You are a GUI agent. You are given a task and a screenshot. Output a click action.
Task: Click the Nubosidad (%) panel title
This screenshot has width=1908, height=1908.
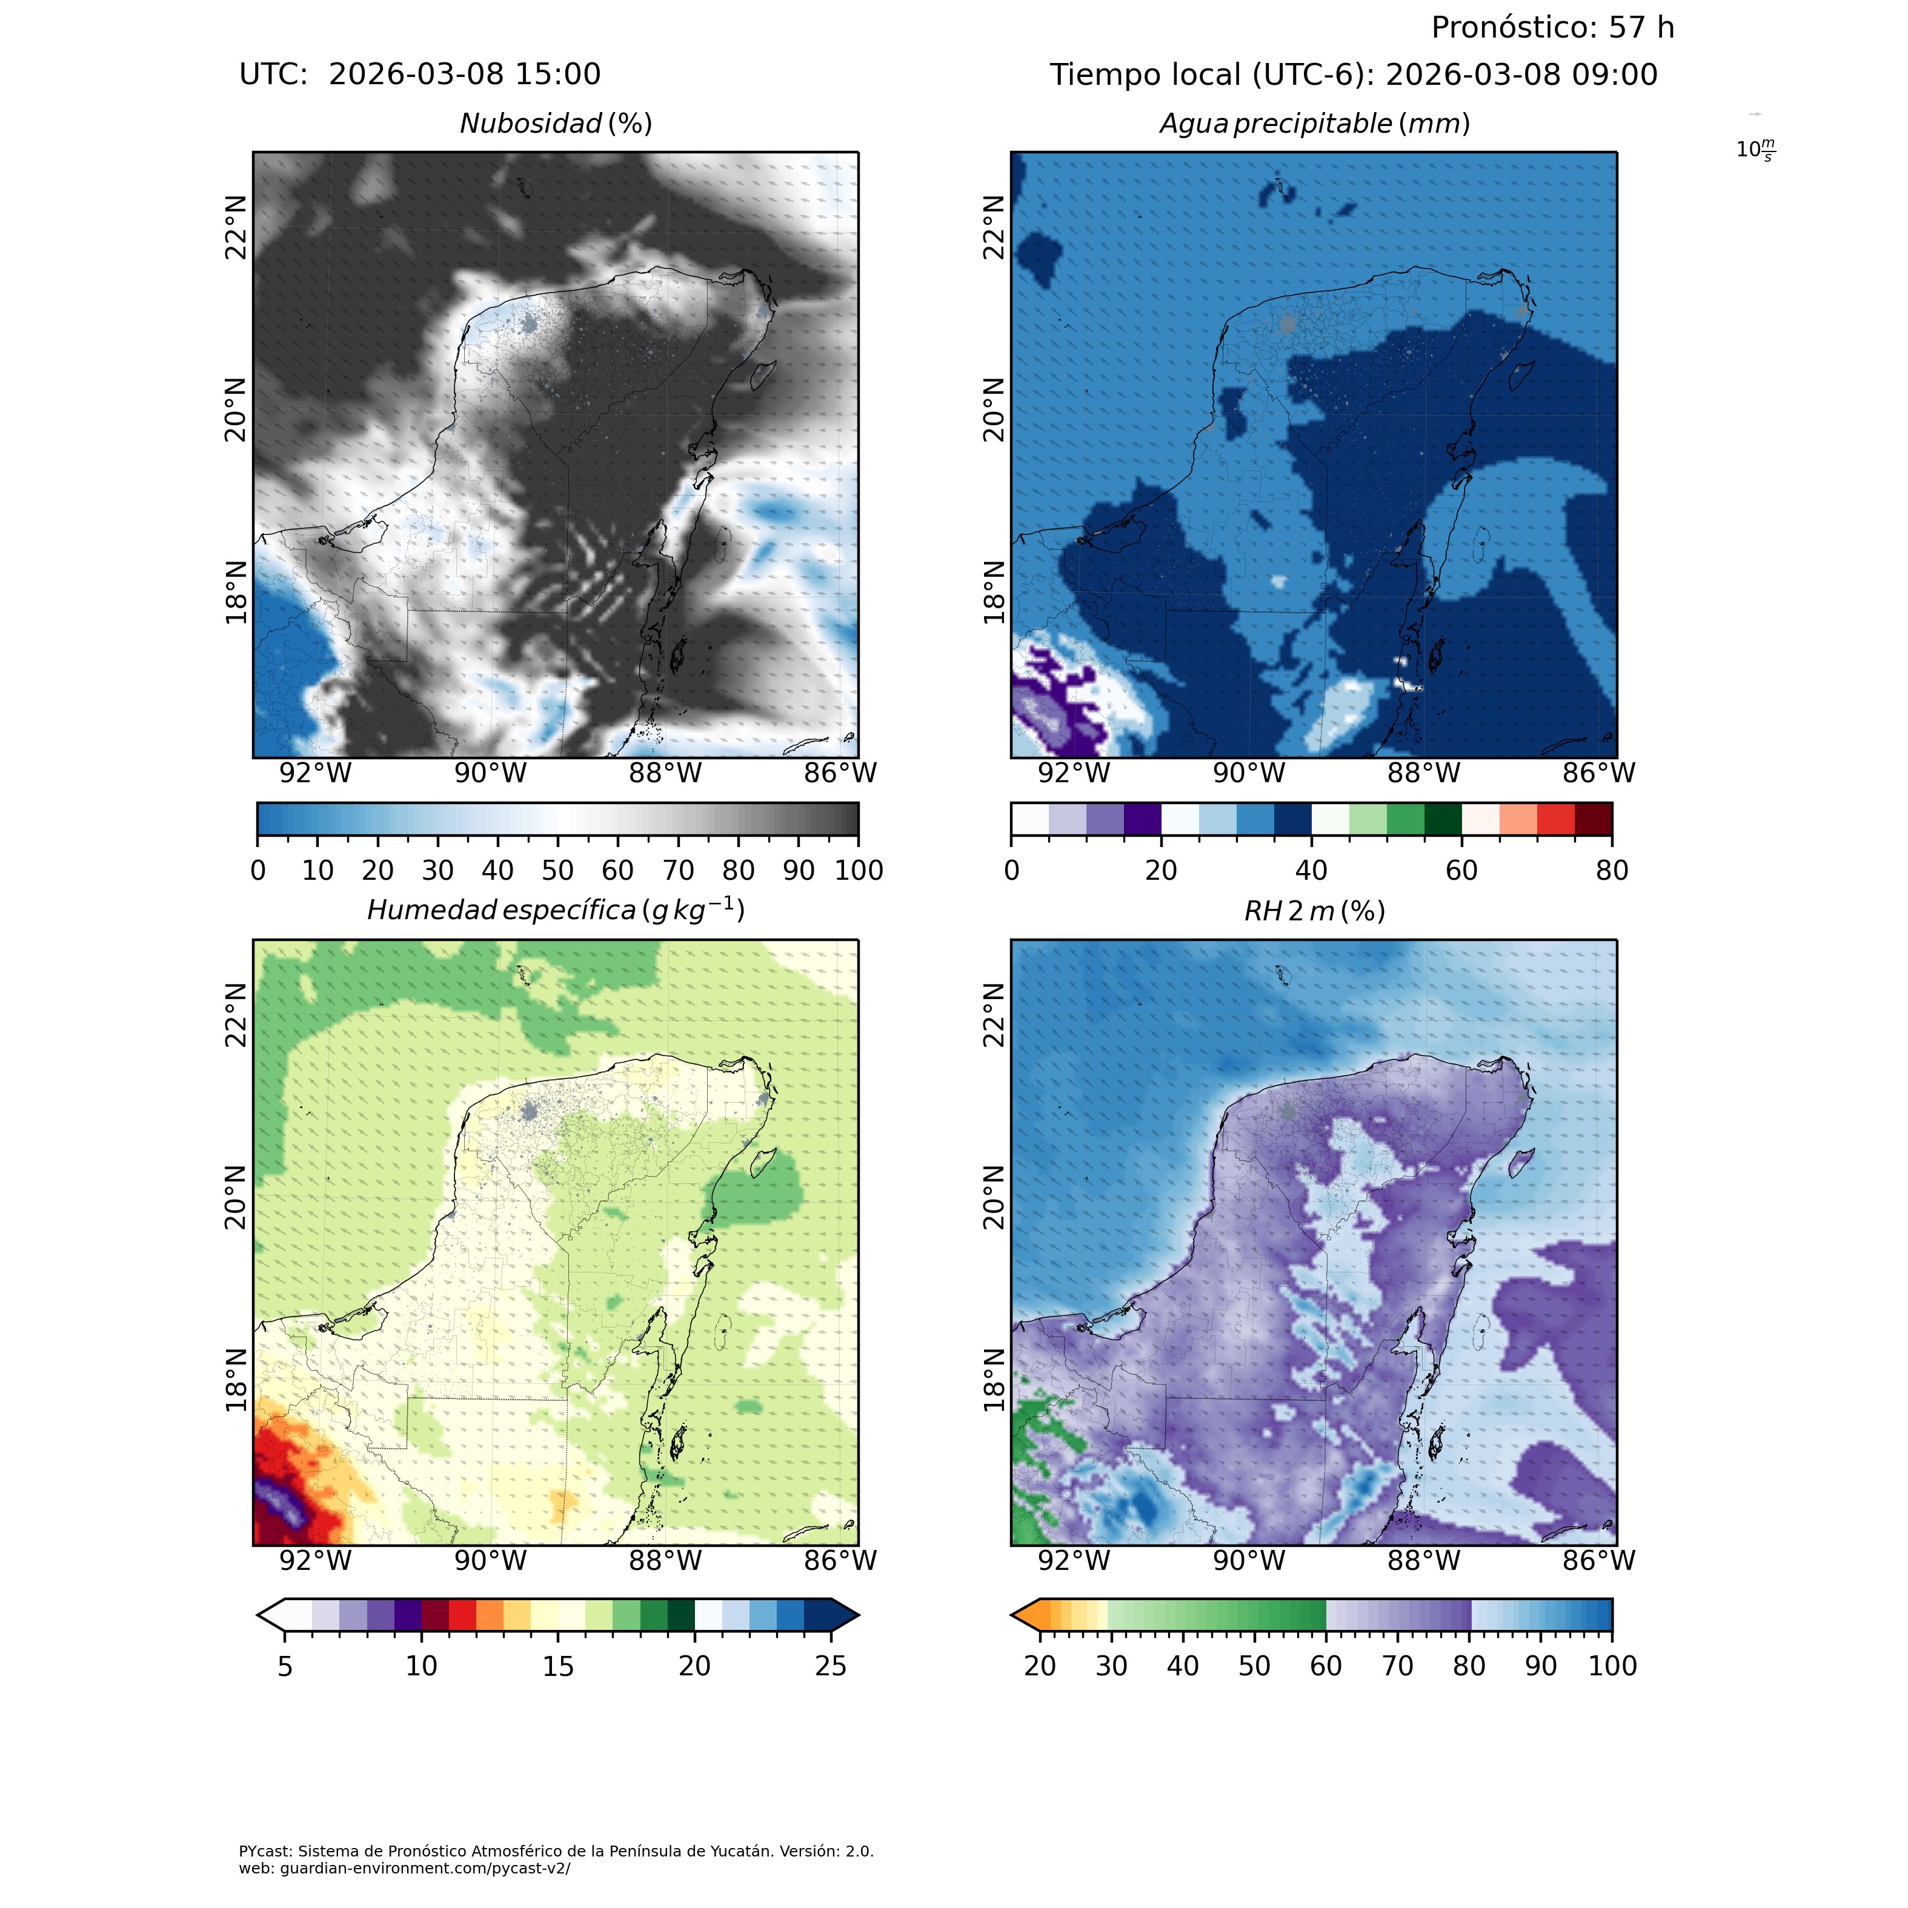(x=556, y=124)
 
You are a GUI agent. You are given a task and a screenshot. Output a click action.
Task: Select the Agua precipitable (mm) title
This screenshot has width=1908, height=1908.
(x=1314, y=124)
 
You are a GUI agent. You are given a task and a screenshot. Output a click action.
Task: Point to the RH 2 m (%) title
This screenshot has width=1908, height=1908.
(x=1314, y=911)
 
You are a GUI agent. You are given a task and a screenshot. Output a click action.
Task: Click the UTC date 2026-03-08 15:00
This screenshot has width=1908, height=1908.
(x=464, y=75)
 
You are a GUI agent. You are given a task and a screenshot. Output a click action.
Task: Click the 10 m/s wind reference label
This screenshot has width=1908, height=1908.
(x=1755, y=150)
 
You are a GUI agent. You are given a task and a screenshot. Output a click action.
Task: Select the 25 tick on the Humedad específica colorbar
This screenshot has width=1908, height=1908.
(x=831, y=1666)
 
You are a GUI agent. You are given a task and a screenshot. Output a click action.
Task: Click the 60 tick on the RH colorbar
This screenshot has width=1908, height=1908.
(x=1325, y=1666)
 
